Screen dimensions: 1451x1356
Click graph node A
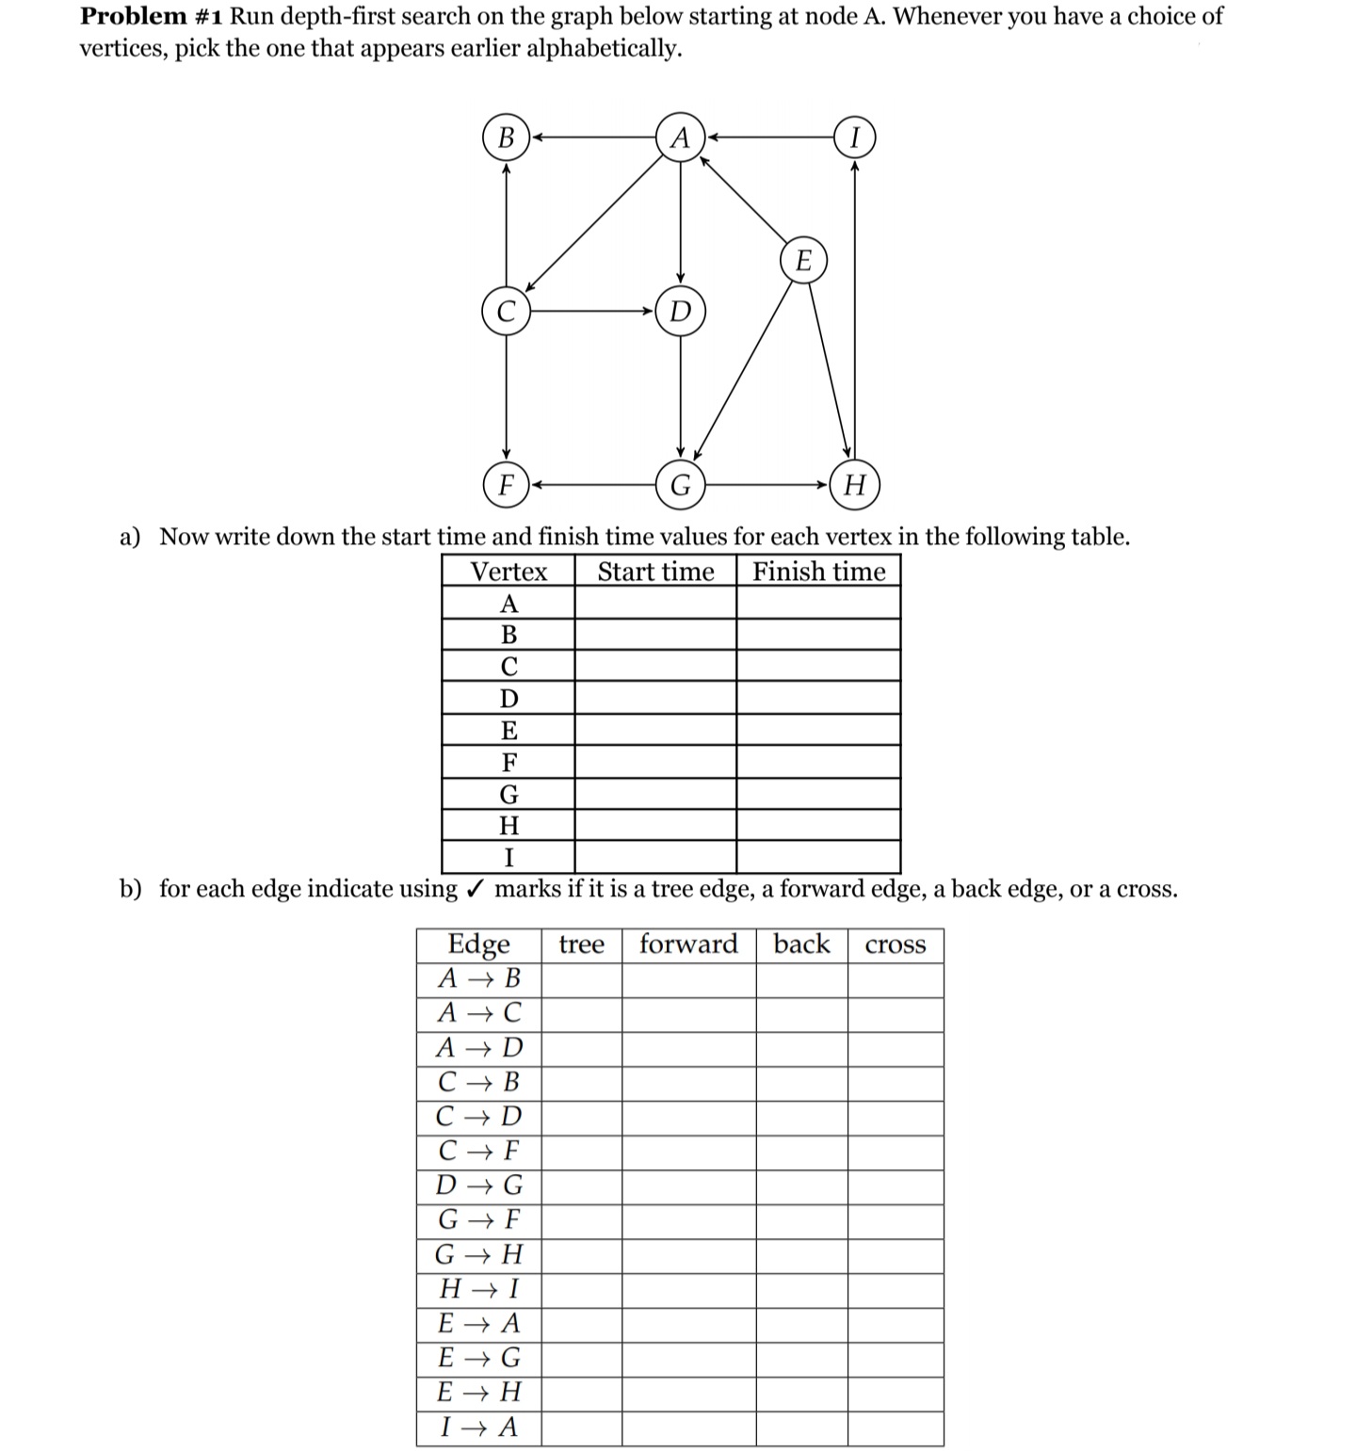pyautogui.click(x=680, y=137)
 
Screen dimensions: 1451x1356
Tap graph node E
pyautogui.click(x=803, y=260)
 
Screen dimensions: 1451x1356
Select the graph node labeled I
pyautogui.click(x=854, y=137)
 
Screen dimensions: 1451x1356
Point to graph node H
pyautogui.click(x=854, y=485)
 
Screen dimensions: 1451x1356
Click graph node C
pyautogui.click(x=507, y=311)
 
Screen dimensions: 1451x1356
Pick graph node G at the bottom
pyautogui.click(x=680, y=485)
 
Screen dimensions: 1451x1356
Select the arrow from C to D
pyautogui.click(x=593, y=311)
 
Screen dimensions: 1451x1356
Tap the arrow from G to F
pyautogui.click(x=593, y=485)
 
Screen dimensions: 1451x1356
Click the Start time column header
pyautogui.click(x=655, y=572)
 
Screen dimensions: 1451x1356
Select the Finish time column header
pyautogui.click(x=818, y=572)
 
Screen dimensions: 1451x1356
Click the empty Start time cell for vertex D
pyautogui.click(x=655, y=698)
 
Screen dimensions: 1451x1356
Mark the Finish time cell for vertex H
pyautogui.click(x=818, y=825)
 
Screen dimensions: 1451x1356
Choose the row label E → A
pyautogui.click(x=478, y=1323)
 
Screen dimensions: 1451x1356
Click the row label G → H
pyautogui.click(x=478, y=1254)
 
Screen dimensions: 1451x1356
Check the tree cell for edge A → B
pyautogui.click(x=581, y=978)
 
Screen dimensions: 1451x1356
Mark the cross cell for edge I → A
pyautogui.click(x=895, y=1427)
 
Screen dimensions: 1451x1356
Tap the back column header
pyautogui.click(x=801, y=944)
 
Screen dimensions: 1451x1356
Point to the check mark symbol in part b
pyautogui.click(x=476, y=888)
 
